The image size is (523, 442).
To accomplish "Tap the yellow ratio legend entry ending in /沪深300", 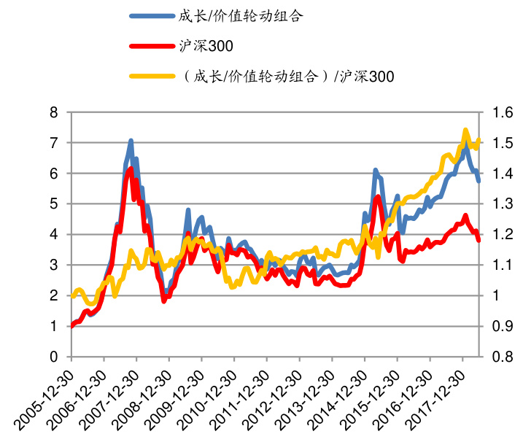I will coord(284,76).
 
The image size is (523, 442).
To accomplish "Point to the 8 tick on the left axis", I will coord(53,112).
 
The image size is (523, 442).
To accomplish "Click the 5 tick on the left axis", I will coord(53,204).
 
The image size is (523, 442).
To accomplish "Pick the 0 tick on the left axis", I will coord(53,357).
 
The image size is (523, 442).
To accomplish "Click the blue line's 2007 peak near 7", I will coord(131,140).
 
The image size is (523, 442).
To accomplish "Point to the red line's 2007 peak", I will coord(131,168).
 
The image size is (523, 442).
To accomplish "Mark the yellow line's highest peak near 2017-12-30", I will coord(465,131).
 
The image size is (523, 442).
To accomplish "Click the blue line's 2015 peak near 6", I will coord(375,171).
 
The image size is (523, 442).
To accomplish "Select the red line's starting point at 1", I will coord(71,326).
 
